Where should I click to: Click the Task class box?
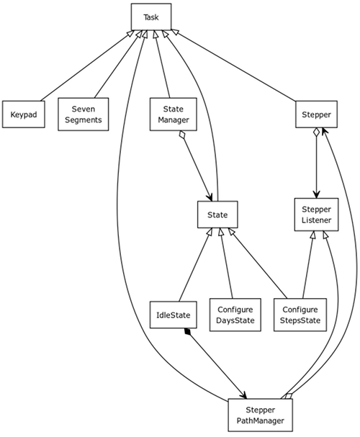[x=151, y=17]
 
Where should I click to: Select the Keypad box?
[x=24, y=114]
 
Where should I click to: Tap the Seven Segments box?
[x=83, y=114]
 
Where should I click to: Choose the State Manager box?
[x=173, y=114]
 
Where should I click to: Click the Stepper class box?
[x=316, y=114]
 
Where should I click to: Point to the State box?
[x=217, y=215]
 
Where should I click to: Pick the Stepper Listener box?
[x=316, y=215]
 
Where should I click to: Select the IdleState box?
[x=173, y=315]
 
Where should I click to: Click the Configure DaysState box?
[x=235, y=315]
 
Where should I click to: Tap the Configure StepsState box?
[x=300, y=315]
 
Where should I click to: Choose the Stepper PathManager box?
[x=260, y=415]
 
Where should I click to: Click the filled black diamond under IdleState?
[x=187, y=332]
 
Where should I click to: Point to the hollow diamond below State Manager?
[x=182, y=135]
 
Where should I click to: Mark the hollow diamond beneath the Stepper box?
[x=316, y=132]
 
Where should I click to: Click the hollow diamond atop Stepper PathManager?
[x=289, y=396]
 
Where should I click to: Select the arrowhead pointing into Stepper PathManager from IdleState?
[x=243, y=395]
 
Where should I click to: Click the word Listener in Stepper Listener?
[x=316, y=220]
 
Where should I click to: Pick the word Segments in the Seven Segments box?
[x=83, y=120]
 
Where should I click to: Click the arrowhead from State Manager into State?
[x=209, y=197]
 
